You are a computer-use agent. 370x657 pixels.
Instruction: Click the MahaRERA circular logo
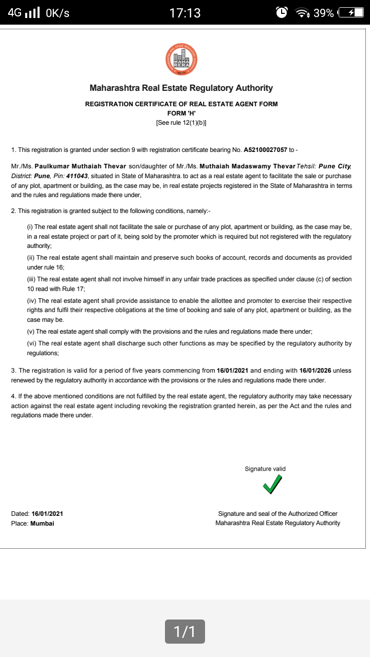click(181, 59)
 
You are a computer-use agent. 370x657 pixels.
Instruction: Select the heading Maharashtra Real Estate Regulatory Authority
click(181, 88)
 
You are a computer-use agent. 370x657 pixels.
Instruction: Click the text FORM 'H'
click(181, 113)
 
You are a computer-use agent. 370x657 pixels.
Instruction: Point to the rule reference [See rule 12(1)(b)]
click(181, 123)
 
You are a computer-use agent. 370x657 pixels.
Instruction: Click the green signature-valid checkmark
click(272, 484)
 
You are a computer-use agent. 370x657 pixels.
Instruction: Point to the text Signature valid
click(265, 469)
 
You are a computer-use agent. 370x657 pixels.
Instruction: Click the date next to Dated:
click(47, 513)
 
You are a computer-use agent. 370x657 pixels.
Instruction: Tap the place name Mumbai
click(42, 523)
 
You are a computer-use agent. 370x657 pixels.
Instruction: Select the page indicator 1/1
click(185, 631)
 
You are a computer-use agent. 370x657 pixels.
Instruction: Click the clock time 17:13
click(185, 13)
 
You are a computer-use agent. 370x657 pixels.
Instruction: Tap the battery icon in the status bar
click(352, 13)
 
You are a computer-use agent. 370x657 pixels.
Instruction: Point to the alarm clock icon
click(282, 13)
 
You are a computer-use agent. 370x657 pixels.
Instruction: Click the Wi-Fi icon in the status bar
click(302, 13)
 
